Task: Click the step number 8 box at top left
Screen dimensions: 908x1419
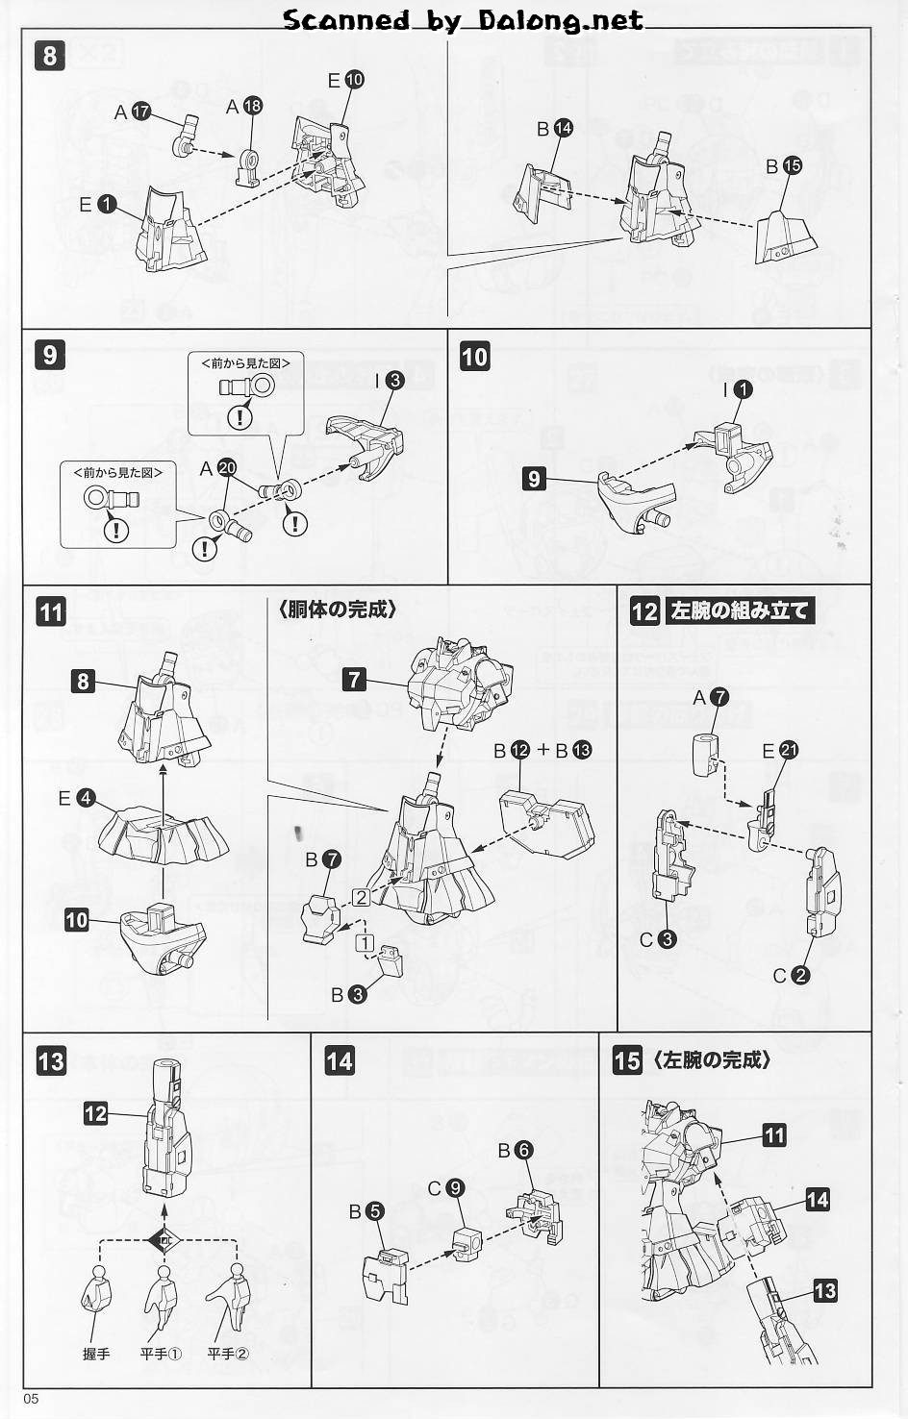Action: coord(50,56)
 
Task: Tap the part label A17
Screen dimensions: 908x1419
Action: coord(132,112)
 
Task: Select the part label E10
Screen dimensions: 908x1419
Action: coord(346,80)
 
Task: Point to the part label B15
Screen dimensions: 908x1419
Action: coord(784,166)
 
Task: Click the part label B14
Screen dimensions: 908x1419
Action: coord(554,129)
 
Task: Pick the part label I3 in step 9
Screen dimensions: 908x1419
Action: coord(389,380)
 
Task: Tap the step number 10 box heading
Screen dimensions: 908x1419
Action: coord(474,358)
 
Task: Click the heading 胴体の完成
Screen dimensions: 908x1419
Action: coord(338,610)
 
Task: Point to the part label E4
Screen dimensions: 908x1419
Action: coord(76,798)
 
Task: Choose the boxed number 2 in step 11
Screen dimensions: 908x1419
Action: coord(361,897)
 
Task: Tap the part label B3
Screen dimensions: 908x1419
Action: coord(348,995)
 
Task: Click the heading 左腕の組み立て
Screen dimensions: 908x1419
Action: coord(740,611)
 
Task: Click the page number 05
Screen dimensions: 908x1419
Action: coord(31,1400)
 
